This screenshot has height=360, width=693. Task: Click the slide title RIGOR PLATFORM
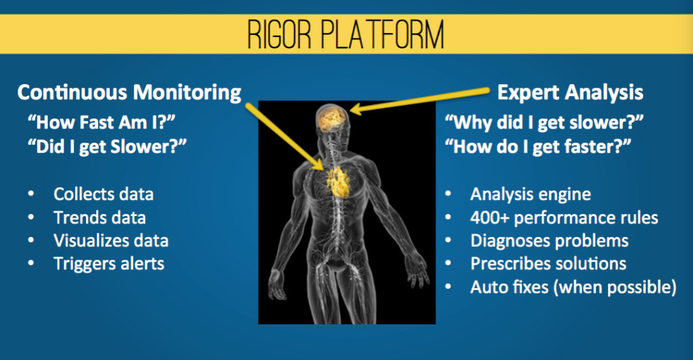coord(346,34)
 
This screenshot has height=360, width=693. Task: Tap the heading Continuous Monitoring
coord(129,92)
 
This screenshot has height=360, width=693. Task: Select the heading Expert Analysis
coord(570,92)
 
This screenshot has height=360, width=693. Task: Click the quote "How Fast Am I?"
coord(101,122)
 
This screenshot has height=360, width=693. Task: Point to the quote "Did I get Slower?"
coord(107,147)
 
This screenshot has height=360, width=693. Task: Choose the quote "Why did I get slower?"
coord(544,122)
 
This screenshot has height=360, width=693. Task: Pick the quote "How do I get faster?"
coord(538,147)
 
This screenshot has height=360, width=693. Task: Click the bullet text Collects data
coord(104,194)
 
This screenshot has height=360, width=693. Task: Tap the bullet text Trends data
coord(100,217)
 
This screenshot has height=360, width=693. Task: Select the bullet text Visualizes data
coord(111,241)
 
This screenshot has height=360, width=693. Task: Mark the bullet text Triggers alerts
coord(109,264)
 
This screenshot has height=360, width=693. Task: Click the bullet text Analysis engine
coord(530,194)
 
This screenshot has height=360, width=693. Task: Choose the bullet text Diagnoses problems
coord(550,241)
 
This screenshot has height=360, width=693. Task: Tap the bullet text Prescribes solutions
coord(548,264)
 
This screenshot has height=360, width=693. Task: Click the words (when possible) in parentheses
coord(614,287)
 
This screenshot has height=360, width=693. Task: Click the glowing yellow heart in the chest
coord(338,181)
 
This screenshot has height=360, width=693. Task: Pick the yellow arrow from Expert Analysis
coord(420,100)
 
